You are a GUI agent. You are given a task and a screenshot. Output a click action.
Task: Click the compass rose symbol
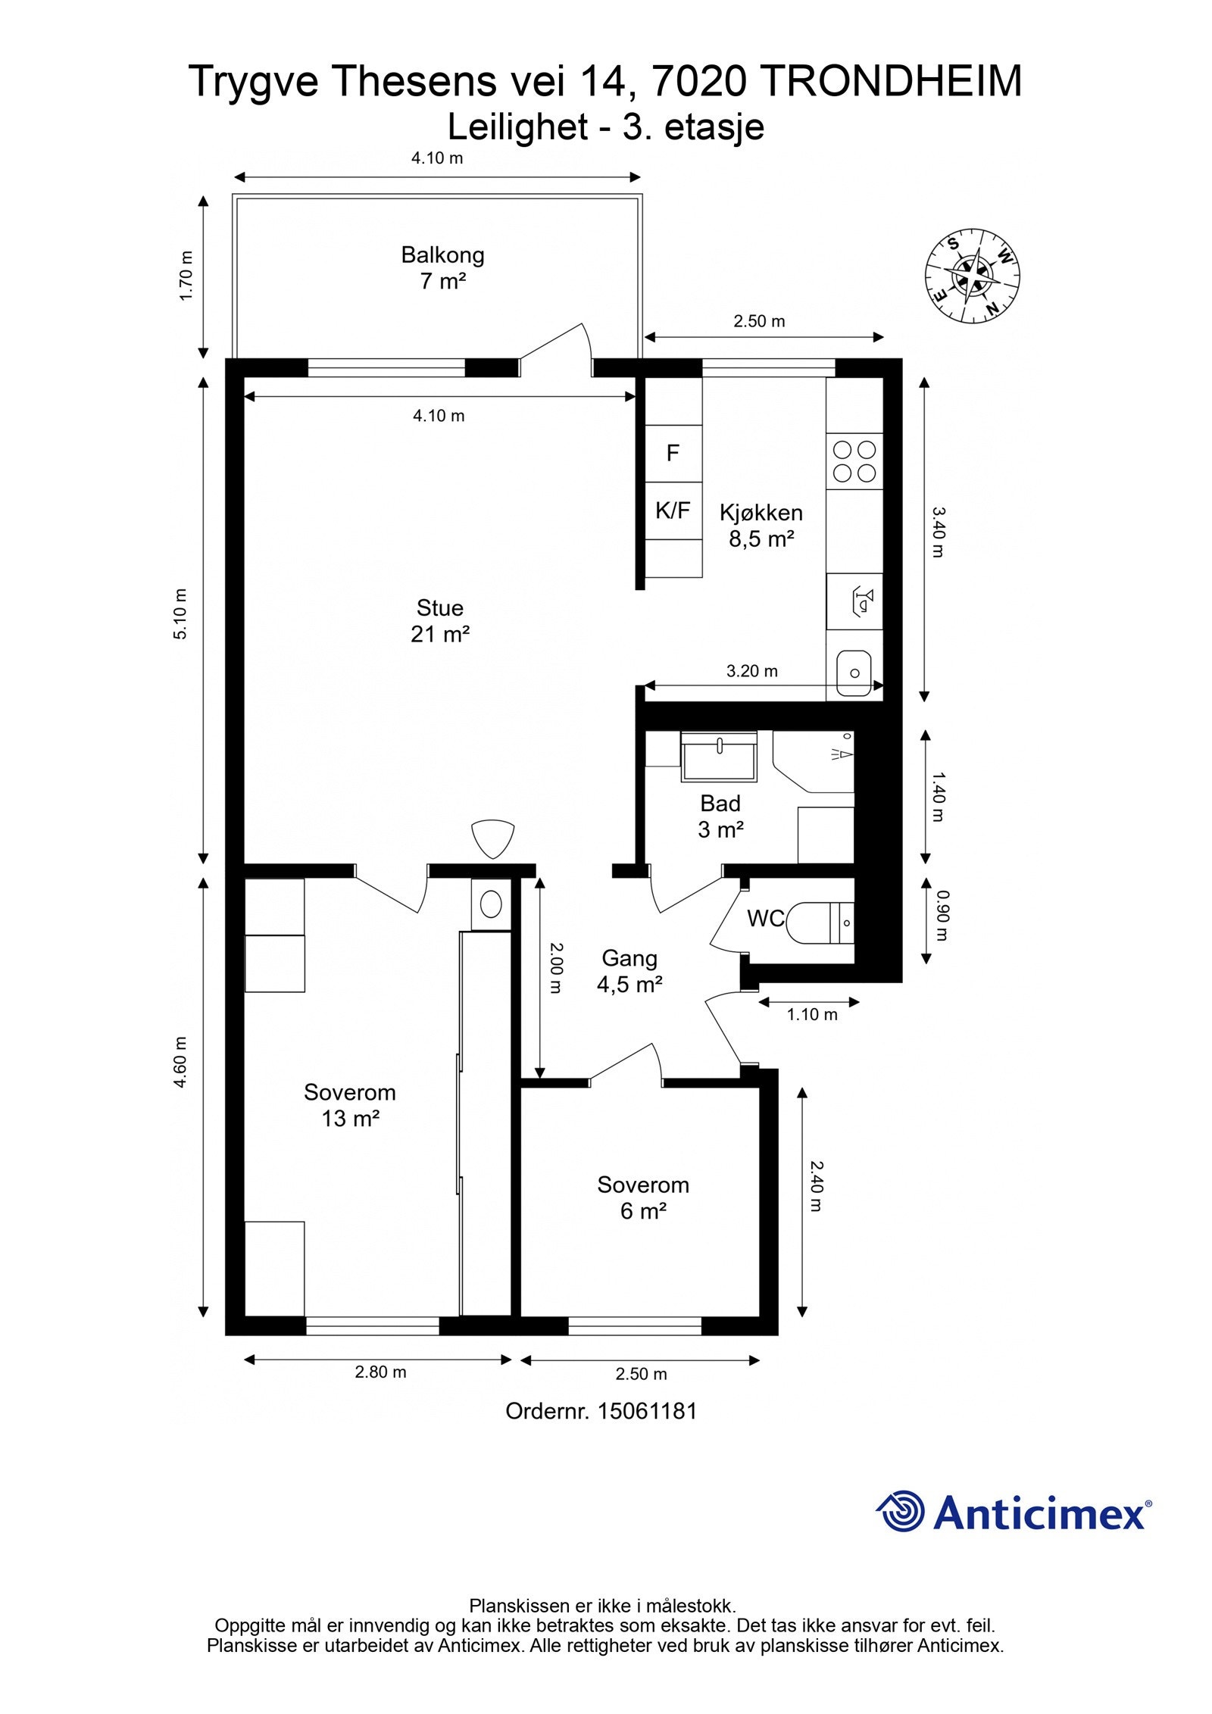[972, 276]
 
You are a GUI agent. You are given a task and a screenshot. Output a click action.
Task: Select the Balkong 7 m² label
[442, 267]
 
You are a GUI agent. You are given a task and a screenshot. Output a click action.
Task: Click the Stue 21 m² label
[440, 620]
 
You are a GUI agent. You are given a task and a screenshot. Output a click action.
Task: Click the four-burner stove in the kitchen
[854, 461]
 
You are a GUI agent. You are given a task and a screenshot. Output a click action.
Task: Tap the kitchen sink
[854, 672]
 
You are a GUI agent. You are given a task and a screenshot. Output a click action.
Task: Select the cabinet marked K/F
[673, 510]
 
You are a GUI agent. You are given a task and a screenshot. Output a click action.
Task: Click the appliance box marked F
[673, 453]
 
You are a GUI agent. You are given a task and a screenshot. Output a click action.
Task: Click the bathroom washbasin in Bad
[719, 755]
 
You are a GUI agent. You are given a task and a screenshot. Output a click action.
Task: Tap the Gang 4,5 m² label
[629, 971]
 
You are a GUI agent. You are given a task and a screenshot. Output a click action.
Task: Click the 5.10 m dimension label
[180, 613]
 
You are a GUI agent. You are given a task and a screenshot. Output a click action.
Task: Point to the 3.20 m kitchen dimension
[752, 671]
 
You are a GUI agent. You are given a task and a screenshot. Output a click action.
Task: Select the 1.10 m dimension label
[812, 1014]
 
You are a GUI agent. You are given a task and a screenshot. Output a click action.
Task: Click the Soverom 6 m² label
[643, 1197]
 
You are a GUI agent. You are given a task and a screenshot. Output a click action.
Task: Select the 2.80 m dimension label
[380, 1372]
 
